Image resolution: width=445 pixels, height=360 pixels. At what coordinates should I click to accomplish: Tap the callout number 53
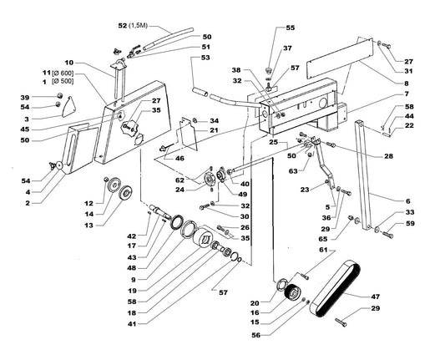[x=205, y=58]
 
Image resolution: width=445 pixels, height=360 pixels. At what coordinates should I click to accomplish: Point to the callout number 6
[x=407, y=201]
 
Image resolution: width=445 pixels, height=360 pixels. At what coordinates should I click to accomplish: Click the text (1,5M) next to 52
[x=138, y=26]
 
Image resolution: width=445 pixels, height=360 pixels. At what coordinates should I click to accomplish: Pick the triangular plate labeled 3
[x=69, y=107]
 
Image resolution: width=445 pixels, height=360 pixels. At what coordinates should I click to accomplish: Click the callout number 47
[x=376, y=297]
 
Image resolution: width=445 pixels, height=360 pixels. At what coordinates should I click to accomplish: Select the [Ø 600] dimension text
[x=63, y=73]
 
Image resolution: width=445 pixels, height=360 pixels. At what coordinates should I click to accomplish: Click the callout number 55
[x=291, y=28]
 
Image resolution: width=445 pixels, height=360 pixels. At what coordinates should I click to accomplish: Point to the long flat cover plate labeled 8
[x=340, y=58]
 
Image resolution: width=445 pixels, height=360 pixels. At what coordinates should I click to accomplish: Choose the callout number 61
[x=324, y=250]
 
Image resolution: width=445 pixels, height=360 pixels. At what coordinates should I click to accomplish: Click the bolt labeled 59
[x=387, y=235]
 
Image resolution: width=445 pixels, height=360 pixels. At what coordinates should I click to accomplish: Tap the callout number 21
[x=214, y=130]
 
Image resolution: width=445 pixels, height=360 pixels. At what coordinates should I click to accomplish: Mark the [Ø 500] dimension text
[x=63, y=82]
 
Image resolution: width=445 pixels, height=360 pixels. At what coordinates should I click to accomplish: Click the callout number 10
[x=69, y=63]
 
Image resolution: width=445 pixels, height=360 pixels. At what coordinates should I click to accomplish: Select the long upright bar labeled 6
[x=363, y=175]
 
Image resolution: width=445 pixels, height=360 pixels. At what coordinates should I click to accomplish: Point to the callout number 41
[x=132, y=323]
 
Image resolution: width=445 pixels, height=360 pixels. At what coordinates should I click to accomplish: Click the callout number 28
[x=388, y=156]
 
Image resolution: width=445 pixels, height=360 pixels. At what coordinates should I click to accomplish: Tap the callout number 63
[x=293, y=171]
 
